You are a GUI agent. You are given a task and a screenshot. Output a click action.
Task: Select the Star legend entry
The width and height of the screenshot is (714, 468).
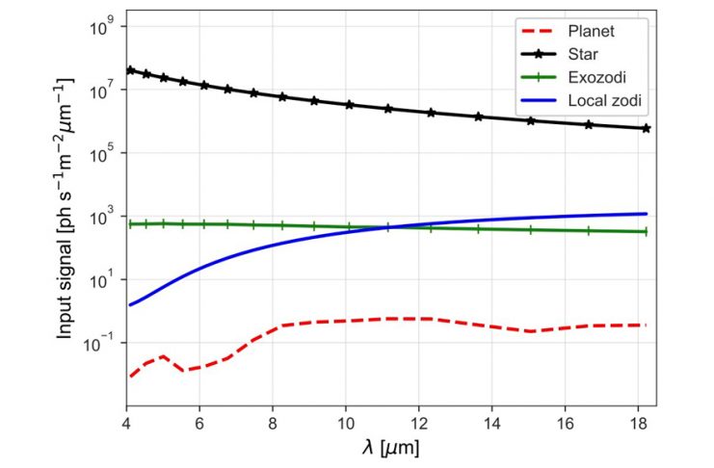pyautogui.click(x=578, y=54)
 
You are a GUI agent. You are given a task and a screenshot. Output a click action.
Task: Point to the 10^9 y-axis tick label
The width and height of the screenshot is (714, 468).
pyautogui.click(x=104, y=27)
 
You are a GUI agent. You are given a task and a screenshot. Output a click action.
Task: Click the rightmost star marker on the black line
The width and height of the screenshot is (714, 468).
pyautogui.click(x=646, y=128)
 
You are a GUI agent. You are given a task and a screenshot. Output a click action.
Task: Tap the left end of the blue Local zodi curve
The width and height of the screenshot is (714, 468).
pyautogui.click(x=130, y=305)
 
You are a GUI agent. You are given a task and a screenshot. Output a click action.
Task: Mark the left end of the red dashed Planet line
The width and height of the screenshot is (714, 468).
pyautogui.click(x=130, y=377)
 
